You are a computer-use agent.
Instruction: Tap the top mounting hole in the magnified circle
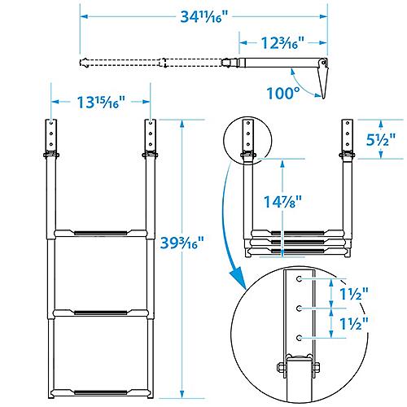pyautogui.click(x=301, y=279)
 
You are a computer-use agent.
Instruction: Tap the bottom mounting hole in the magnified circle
pyautogui.click(x=301, y=337)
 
